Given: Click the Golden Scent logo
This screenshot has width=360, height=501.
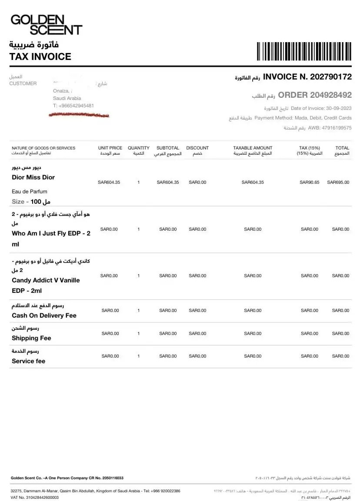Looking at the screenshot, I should [46, 25].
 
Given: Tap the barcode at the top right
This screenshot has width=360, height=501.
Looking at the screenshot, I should [304, 51].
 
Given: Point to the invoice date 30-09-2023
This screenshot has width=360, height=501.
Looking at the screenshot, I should [339, 108].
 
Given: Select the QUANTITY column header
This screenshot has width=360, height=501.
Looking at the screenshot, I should [138, 148].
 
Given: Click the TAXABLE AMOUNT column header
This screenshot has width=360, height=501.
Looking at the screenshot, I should [253, 148].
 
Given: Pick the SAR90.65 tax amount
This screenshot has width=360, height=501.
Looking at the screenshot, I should [310, 182].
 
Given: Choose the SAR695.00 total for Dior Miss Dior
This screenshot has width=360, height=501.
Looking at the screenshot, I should [338, 182].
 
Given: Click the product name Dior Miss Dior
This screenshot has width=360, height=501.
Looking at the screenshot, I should [33, 177].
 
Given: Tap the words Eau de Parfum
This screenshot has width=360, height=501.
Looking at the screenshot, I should [30, 192].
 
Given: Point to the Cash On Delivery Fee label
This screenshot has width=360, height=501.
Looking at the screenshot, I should [44, 315].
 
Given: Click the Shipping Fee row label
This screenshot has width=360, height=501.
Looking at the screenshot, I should [31, 338].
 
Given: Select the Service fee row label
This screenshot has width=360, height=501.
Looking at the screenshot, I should [28, 361].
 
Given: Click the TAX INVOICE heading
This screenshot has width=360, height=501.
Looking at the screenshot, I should [40, 56].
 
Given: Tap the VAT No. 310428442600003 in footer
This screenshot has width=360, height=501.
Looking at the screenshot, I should [35, 498].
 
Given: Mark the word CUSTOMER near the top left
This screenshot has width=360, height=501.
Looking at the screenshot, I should [23, 83].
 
